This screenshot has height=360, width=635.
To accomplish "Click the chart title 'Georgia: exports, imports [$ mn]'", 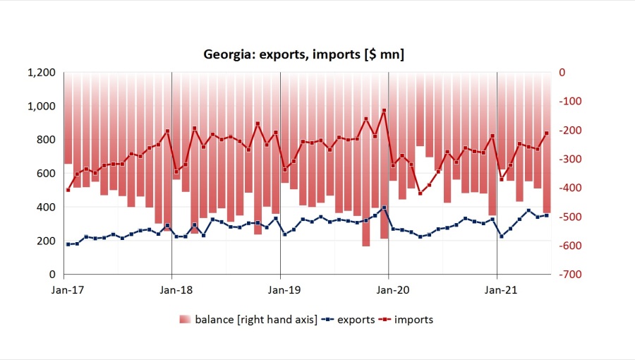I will coord(303,54).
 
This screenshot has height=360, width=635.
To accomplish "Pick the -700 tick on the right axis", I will coord(569,275).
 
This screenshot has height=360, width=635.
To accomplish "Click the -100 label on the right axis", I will coord(569,102).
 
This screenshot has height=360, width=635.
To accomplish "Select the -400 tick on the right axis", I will coord(569,188).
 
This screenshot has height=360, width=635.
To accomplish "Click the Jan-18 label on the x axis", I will coord(172,289).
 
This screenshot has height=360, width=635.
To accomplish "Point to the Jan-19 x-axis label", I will coord(280,289).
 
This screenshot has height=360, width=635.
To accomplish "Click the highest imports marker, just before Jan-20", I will coord(384,111).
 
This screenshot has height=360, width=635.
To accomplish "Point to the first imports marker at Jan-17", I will coord(68,190).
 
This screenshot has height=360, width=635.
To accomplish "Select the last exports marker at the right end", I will coord(546,215).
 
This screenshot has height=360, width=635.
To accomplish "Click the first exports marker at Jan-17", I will coord(68,244).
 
